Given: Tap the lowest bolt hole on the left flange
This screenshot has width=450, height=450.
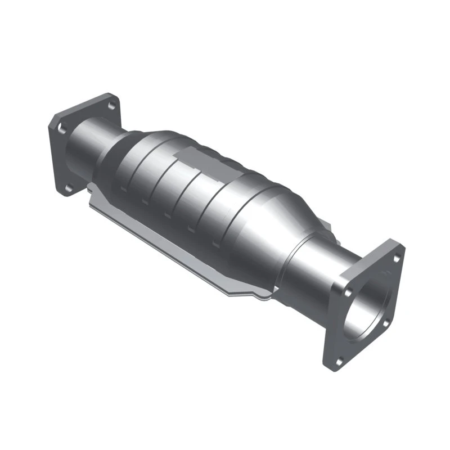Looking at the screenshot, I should pyautogui.click(x=67, y=188).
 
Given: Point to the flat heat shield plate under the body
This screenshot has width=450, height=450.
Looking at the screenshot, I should pyautogui.click(x=169, y=236).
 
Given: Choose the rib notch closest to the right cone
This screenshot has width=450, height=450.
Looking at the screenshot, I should pyautogui.click(x=215, y=243).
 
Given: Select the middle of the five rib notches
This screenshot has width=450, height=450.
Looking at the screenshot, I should pyautogui.click(x=167, y=215).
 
